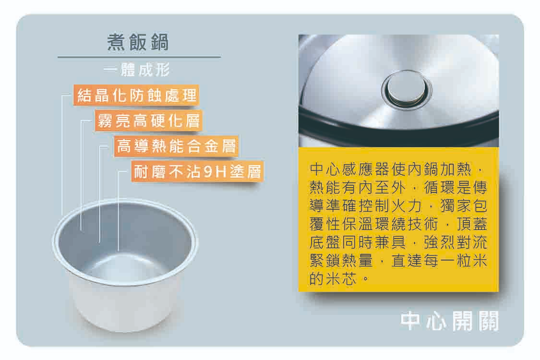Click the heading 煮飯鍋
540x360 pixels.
(138, 42)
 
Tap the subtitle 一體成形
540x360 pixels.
(137, 70)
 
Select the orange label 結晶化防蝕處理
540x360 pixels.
(136, 95)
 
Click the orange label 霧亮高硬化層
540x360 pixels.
(148, 120)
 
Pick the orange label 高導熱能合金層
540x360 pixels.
(176, 146)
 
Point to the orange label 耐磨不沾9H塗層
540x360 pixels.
(197, 171)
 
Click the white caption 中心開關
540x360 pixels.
(449, 321)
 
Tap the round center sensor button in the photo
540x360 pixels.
(406, 89)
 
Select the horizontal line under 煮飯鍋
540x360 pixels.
(139, 57)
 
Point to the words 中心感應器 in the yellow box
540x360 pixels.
(350, 169)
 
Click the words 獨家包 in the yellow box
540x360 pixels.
(464, 206)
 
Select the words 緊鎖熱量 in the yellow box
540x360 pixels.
(341, 261)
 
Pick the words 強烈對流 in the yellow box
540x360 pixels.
(456, 242)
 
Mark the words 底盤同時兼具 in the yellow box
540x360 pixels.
(358, 242)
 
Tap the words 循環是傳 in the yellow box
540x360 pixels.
(456, 188)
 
